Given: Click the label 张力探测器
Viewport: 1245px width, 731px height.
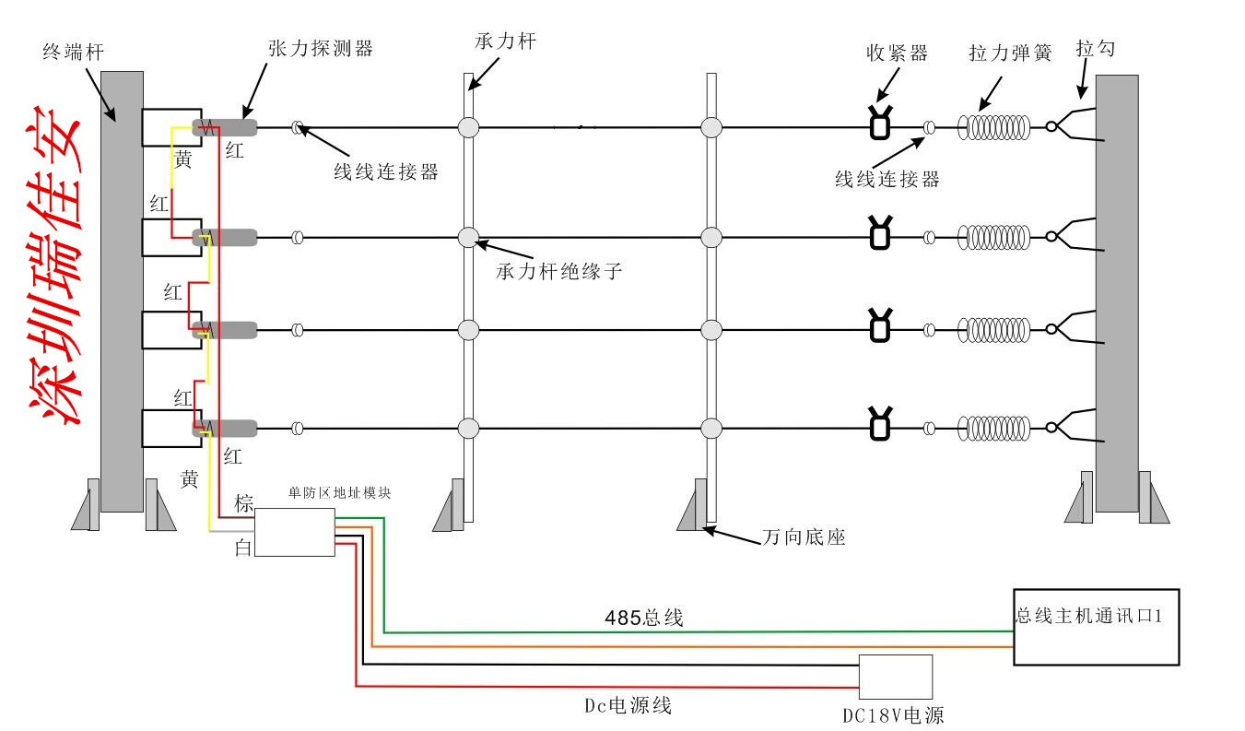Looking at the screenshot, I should pyautogui.click(x=320, y=49).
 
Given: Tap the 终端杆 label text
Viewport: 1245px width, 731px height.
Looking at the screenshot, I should pyautogui.click(x=73, y=53).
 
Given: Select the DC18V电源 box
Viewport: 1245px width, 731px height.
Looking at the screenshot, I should pyautogui.click(x=895, y=678).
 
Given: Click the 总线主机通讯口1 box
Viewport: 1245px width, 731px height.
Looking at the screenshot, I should pyautogui.click(x=1096, y=627).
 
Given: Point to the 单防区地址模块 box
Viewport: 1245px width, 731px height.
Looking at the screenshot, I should pyautogui.click(x=294, y=533).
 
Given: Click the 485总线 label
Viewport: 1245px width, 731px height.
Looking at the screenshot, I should pyautogui.click(x=644, y=619).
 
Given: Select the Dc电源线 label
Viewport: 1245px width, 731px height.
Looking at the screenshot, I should pyautogui.click(x=628, y=706).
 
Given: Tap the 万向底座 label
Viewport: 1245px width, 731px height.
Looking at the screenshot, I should pyautogui.click(x=804, y=537).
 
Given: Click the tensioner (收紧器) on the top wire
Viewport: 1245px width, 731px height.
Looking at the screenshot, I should pyautogui.click(x=880, y=124).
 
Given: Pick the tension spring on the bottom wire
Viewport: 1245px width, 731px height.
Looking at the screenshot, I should pyautogui.click(x=993, y=428).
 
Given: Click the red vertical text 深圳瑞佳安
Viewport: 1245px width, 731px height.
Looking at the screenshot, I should pyautogui.click(x=54, y=267).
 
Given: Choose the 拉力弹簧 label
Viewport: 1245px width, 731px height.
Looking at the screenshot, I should pyautogui.click(x=1010, y=53).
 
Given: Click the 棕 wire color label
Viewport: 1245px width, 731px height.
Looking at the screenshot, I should pyautogui.click(x=243, y=503).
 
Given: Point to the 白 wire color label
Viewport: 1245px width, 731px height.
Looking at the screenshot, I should pyautogui.click(x=242, y=548).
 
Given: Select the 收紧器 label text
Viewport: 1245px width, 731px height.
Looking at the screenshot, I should pyautogui.click(x=897, y=53).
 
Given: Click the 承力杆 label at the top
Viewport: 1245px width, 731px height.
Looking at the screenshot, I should pyautogui.click(x=505, y=41).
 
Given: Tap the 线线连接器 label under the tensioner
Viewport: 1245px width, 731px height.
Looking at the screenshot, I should pyautogui.click(x=887, y=180).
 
